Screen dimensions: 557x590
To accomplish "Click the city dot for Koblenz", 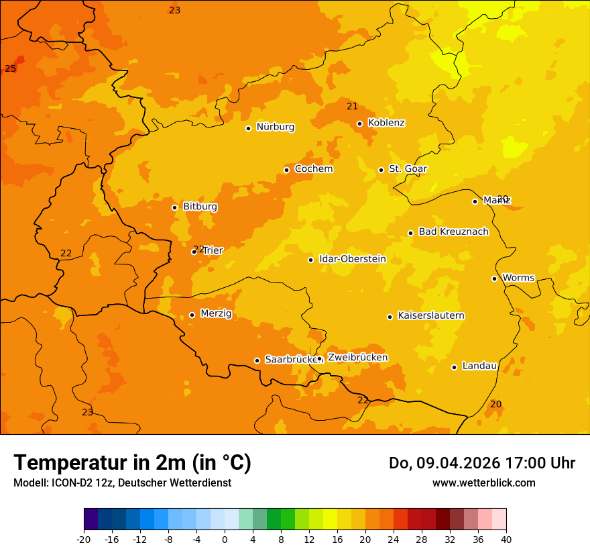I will pyautogui.click(x=360, y=123).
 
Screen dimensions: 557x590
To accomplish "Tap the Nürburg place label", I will pyautogui.click(x=275, y=127).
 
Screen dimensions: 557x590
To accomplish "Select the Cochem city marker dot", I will pyautogui.click(x=287, y=170).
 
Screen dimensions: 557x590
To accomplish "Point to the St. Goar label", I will pyautogui.click(x=408, y=168).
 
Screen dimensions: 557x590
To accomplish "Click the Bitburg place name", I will pyautogui.click(x=200, y=207).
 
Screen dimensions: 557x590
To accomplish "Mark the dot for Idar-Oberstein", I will pyautogui.click(x=311, y=260).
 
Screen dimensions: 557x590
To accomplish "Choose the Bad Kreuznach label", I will pyautogui.click(x=453, y=232).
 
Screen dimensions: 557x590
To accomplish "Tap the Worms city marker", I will pyautogui.click(x=495, y=278).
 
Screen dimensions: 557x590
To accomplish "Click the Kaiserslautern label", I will pyautogui.click(x=430, y=315).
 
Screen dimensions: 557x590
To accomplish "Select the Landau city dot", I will pyautogui.click(x=455, y=367).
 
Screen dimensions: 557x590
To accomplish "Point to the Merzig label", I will pyautogui.click(x=216, y=313).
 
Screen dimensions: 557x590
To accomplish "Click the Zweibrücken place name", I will pyautogui.click(x=357, y=357).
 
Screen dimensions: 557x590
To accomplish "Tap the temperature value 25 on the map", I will pyautogui.click(x=11, y=68).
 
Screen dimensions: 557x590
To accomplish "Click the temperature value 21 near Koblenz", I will pyautogui.click(x=353, y=106).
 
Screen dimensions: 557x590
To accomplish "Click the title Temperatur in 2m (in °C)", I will pyautogui.click(x=132, y=462).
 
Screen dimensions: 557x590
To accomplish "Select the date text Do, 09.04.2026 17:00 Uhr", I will pyautogui.click(x=481, y=463).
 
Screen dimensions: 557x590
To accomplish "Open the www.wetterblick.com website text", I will pyautogui.click(x=483, y=483).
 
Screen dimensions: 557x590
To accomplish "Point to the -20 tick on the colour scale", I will pyautogui.click(x=84, y=539).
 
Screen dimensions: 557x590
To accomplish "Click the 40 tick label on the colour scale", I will pyautogui.click(x=506, y=539).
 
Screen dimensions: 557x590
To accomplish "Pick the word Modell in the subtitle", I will pyautogui.click(x=29, y=483).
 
